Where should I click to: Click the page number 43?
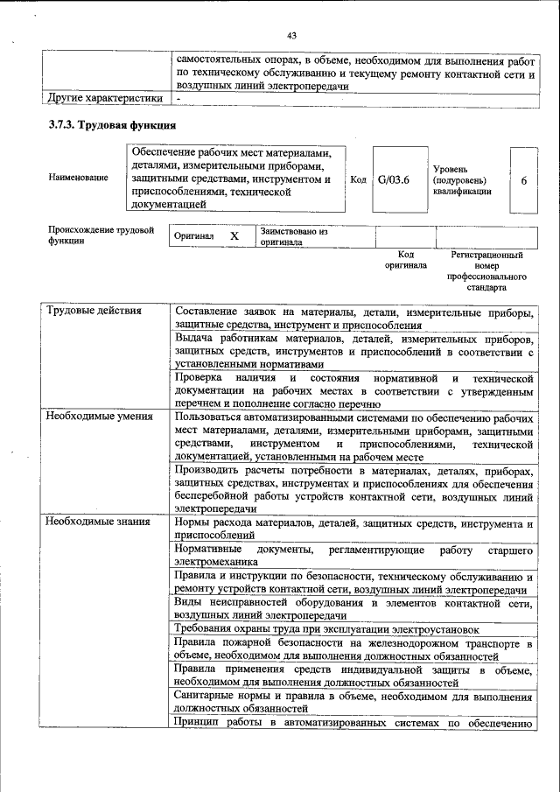pyautogui.click(x=291, y=35)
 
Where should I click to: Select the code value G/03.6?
pyautogui.click(x=394, y=179)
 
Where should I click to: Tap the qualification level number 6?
pyautogui.click(x=523, y=180)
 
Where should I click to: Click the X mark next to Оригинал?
pyautogui.click(x=234, y=237)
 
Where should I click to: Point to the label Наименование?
pyautogui.click(x=78, y=178)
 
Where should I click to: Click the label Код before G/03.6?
pyautogui.click(x=358, y=179)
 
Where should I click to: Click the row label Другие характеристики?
pyautogui.click(x=105, y=98)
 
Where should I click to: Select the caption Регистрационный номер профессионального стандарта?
pyautogui.click(x=486, y=270)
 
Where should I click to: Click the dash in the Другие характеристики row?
pyautogui.click(x=178, y=99)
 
